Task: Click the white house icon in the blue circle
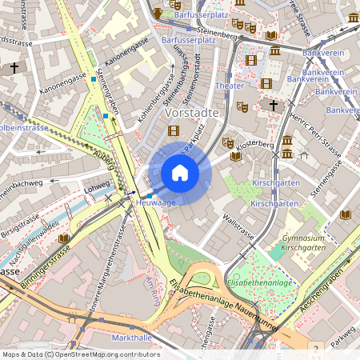pos(180,173)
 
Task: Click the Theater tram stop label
pos(230,86)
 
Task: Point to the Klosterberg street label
pos(256,145)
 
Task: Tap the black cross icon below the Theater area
pos(273,105)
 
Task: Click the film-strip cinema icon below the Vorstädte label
pos(173,130)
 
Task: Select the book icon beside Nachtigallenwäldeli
pos(63,238)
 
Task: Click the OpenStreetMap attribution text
pos(80,354)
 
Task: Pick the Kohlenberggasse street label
pos(155,102)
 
